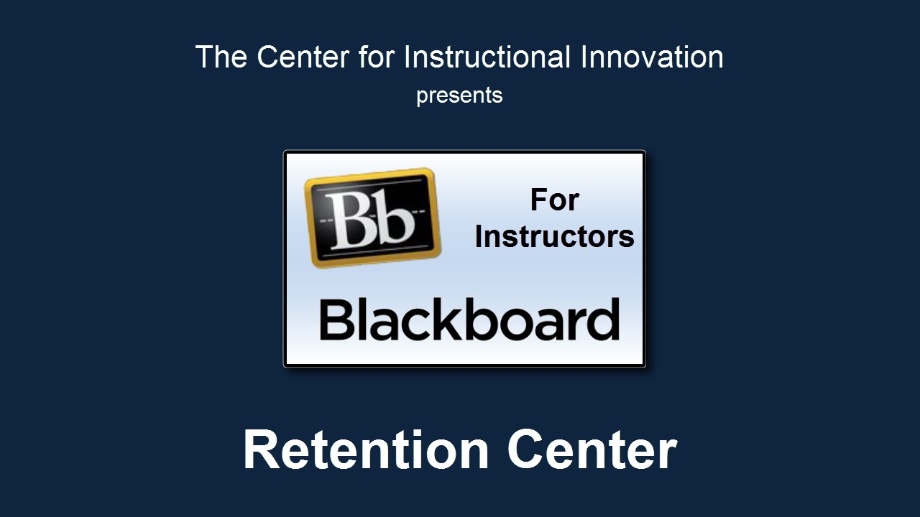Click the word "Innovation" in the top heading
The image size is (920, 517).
652,57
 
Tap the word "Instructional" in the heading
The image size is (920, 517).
487,57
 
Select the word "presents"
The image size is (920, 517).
459,96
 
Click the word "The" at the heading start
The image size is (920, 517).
221,57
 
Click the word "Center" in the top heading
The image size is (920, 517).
303,57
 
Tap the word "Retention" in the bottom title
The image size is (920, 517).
366,450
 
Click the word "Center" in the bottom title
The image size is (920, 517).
592,450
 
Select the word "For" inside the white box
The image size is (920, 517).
554,200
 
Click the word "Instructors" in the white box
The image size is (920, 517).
554,237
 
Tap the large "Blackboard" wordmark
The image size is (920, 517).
469,319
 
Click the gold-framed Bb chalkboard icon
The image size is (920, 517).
372,218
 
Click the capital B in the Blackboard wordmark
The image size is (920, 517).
336,320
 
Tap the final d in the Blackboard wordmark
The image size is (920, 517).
601,319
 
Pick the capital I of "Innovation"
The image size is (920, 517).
583,57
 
